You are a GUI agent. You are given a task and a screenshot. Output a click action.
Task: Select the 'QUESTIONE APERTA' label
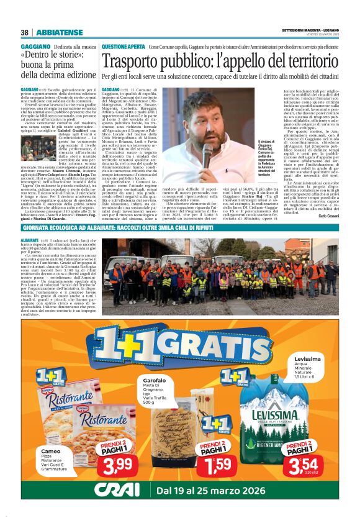(124, 47)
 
